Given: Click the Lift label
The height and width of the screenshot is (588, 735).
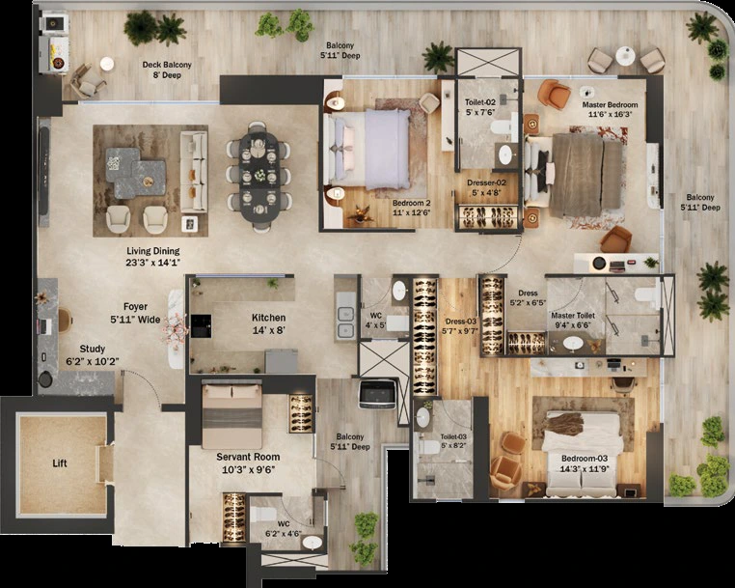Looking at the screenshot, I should (x=61, y=463).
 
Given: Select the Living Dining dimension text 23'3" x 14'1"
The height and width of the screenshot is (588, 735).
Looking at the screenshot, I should (x=151, y=263).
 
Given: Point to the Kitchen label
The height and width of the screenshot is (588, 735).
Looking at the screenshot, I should (x=268, y=317).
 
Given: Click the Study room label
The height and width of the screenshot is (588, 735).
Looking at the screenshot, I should (x=93, y=350).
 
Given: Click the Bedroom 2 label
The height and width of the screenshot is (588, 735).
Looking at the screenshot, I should (x=411, y=203).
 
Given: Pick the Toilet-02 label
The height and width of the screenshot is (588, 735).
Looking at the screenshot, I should (x=479, y=101).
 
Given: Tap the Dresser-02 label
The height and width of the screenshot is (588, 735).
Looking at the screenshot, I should (x=487, y=182).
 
